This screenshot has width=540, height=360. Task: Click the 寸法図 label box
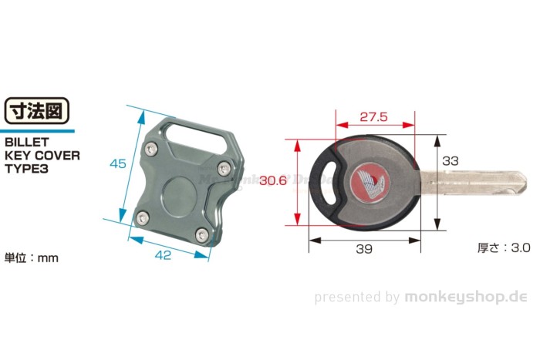36,111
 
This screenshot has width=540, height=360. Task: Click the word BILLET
28,143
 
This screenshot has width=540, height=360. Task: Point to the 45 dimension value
117,163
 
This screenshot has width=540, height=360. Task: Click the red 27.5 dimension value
373,118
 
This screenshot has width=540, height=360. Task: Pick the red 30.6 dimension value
273,181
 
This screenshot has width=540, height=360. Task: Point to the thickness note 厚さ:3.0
505,248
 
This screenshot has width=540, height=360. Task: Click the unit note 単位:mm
32,257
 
